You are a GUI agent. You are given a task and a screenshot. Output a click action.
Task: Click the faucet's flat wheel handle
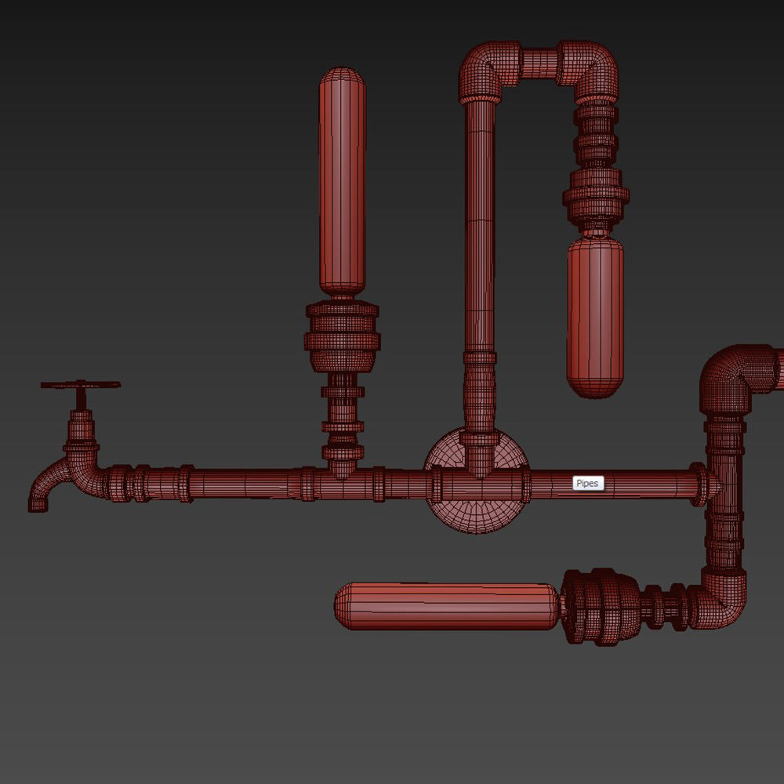pos(81,385)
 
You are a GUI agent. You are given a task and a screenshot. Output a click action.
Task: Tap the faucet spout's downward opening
pos(38,505)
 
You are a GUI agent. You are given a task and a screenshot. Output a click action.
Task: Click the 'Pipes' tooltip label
pos(587,484)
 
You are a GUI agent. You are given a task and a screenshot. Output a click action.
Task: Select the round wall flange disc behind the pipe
pos(476,514)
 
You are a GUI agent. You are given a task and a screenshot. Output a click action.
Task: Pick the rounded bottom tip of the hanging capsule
pos(595,390)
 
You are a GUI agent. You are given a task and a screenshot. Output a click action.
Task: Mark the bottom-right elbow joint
pos(721,600)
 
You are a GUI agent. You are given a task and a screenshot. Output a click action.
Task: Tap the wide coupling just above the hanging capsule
pos(596,195)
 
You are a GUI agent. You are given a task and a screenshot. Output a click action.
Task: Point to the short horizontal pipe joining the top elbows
pos(539,64)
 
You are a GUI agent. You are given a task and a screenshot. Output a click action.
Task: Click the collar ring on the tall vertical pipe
pos(480,358)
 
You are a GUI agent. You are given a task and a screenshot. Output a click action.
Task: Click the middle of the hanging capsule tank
pos(595,314)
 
